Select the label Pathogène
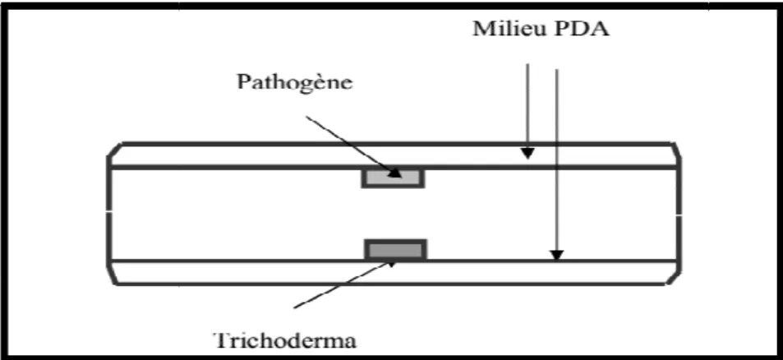tap(295, 82)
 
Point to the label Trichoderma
tap(286, 342)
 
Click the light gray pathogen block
tap(393, 178)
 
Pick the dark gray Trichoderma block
tap(396, 250)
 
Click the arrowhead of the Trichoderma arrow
tap(391, 263)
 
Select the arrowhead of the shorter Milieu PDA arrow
tap(527, 154)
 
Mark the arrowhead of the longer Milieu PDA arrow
tap(557, 255)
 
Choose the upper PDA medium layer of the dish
tap(393, 155)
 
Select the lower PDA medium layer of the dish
tap(393, 272)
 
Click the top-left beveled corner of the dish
tap(114, 150)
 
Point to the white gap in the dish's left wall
tap(108, 214)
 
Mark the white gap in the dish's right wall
tap(679, 215)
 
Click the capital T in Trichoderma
tap(223, 342)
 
